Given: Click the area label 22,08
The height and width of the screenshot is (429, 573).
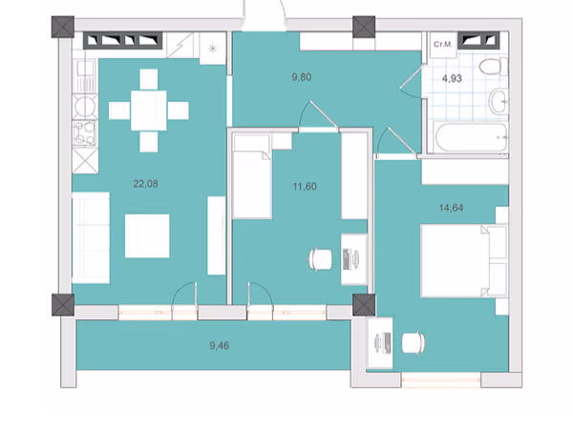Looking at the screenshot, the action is (x=145, y=184).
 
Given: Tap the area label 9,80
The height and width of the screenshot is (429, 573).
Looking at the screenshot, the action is (x=302, y=77).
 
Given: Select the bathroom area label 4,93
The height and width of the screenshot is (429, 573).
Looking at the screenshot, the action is (x=452, y=78).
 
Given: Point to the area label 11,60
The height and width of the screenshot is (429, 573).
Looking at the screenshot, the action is (x=305, y=187).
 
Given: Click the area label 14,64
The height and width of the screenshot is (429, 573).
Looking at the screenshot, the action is (x=451, y=208).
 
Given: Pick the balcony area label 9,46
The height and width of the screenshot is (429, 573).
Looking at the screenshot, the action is (x=220, y=345).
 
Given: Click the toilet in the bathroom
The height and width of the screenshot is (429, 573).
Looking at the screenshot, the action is (x=494, y=67).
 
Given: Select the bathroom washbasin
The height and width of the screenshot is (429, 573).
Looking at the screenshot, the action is (x=499, y=102).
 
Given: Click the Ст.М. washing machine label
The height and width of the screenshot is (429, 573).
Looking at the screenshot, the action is (x=443, y=45).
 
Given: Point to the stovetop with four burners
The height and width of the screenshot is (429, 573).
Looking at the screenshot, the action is (x=85, y=133).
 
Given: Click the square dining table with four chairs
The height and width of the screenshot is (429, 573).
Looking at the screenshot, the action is (x=149, y=111).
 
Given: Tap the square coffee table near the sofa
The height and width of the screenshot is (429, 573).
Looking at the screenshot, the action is (x=147, y=236).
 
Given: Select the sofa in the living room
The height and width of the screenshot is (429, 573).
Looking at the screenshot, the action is (x=91, y=237).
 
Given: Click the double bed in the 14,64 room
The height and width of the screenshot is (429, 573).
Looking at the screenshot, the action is (x=464, y=261).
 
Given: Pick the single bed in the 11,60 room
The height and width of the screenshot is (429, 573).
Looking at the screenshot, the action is (x=252, y=176).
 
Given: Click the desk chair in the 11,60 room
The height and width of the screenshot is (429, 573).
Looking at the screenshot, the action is (x=321, y=259).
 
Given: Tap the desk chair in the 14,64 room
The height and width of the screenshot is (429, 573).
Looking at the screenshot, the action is (x=414, y=343).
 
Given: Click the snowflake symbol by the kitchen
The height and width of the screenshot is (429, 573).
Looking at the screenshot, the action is (x=212, y=49).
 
